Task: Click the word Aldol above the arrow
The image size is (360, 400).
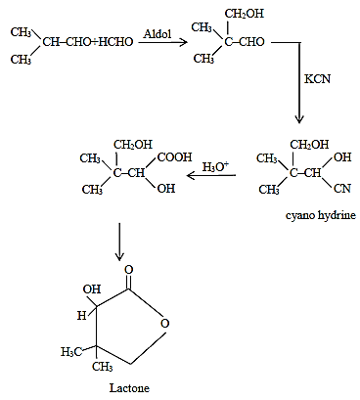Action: point(157,33)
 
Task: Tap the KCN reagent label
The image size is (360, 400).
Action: point(317,79)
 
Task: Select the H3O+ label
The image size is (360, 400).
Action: point(215,166)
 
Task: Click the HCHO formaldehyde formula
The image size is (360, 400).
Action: point(115,42)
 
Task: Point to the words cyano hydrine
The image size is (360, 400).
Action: point(321,215)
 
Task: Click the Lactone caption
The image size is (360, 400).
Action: point(129,388)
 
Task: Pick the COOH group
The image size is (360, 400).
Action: point(175,157)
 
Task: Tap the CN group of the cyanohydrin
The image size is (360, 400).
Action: point(342,189)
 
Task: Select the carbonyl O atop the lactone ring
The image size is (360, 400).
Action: point(129,270)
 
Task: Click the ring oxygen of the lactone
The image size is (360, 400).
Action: point(165,324)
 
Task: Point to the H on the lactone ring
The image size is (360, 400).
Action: point(81,316)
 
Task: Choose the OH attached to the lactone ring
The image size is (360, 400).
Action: point(92,289)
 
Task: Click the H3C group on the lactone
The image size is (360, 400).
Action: point(71,352)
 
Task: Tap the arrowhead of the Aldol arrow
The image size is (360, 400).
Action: point(184,42)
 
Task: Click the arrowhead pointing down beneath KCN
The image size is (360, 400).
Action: point(299,118)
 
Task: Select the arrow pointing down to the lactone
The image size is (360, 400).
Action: point(119,242)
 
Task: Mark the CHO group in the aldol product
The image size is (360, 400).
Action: point(251,42)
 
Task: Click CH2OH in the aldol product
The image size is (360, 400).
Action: point(245,14)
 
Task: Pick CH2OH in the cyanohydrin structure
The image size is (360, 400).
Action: point(309,145)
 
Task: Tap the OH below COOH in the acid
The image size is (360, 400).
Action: point(166,189)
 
